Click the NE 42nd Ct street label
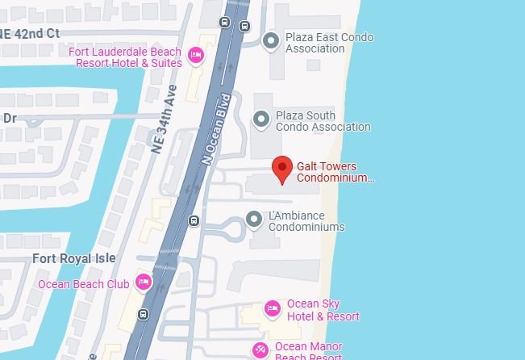(x=31, y=33)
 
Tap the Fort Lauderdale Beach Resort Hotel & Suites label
(x=125, y=57)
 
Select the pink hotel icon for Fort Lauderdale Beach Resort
(x=195, y=55)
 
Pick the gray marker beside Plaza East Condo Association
(x=271, y=40)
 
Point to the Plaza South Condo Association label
(x=323, y=121)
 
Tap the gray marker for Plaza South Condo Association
(x=260, y=119)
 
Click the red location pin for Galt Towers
(x=281, y=169)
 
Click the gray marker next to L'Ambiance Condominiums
(x=254, y=219)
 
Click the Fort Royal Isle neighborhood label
(x=73, y=258)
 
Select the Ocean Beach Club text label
(x=83, y=284)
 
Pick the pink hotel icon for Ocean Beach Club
(x=143, y=282)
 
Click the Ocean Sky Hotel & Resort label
(x=323, y=310)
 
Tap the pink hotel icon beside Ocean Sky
(x=273, y=308)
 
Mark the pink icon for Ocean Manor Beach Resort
(x=260, y=350)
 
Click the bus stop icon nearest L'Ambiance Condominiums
(x=194, y=221)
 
